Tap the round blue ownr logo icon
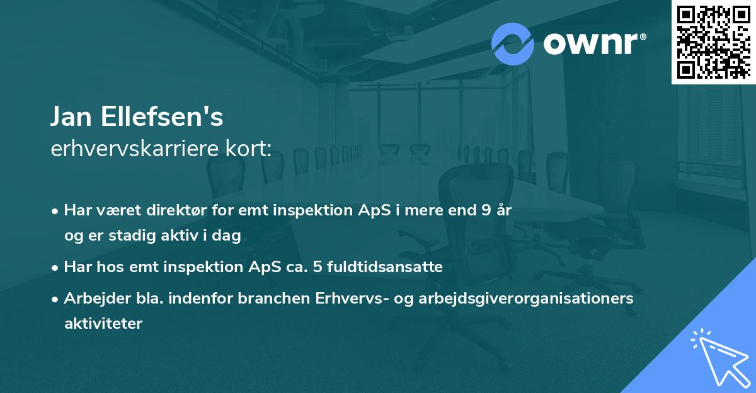tap(513, 43)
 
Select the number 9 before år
tap(485, 210)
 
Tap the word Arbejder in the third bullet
tap(92, 299)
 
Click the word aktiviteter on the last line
tap(103, 324)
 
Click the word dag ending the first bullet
tap(229, 236)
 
